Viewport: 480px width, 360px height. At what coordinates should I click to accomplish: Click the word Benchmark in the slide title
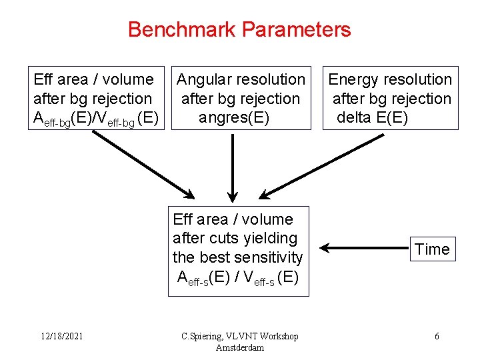click(x=182, y=29)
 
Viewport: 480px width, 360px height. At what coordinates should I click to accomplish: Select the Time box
click(x=432, y=249)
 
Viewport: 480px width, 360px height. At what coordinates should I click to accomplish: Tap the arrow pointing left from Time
click(x=360, y=249)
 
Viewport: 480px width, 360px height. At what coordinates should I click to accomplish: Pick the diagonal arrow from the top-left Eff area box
click(x=143, y=164)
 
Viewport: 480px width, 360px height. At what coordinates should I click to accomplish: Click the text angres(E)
click(x=234, y=118)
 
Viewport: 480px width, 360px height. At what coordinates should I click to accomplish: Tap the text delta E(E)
click(x=372, y=118)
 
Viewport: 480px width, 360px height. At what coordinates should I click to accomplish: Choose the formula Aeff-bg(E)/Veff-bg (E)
click(x=96, y=119)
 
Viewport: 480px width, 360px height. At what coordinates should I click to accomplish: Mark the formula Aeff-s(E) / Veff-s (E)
click(x=238, y=277)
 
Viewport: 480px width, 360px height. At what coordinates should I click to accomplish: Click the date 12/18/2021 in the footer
click(x=61, y=337)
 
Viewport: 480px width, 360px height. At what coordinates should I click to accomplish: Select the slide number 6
click(x=437, y=337)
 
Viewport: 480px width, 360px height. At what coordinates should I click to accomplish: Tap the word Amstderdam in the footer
click(x=240, y=347)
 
